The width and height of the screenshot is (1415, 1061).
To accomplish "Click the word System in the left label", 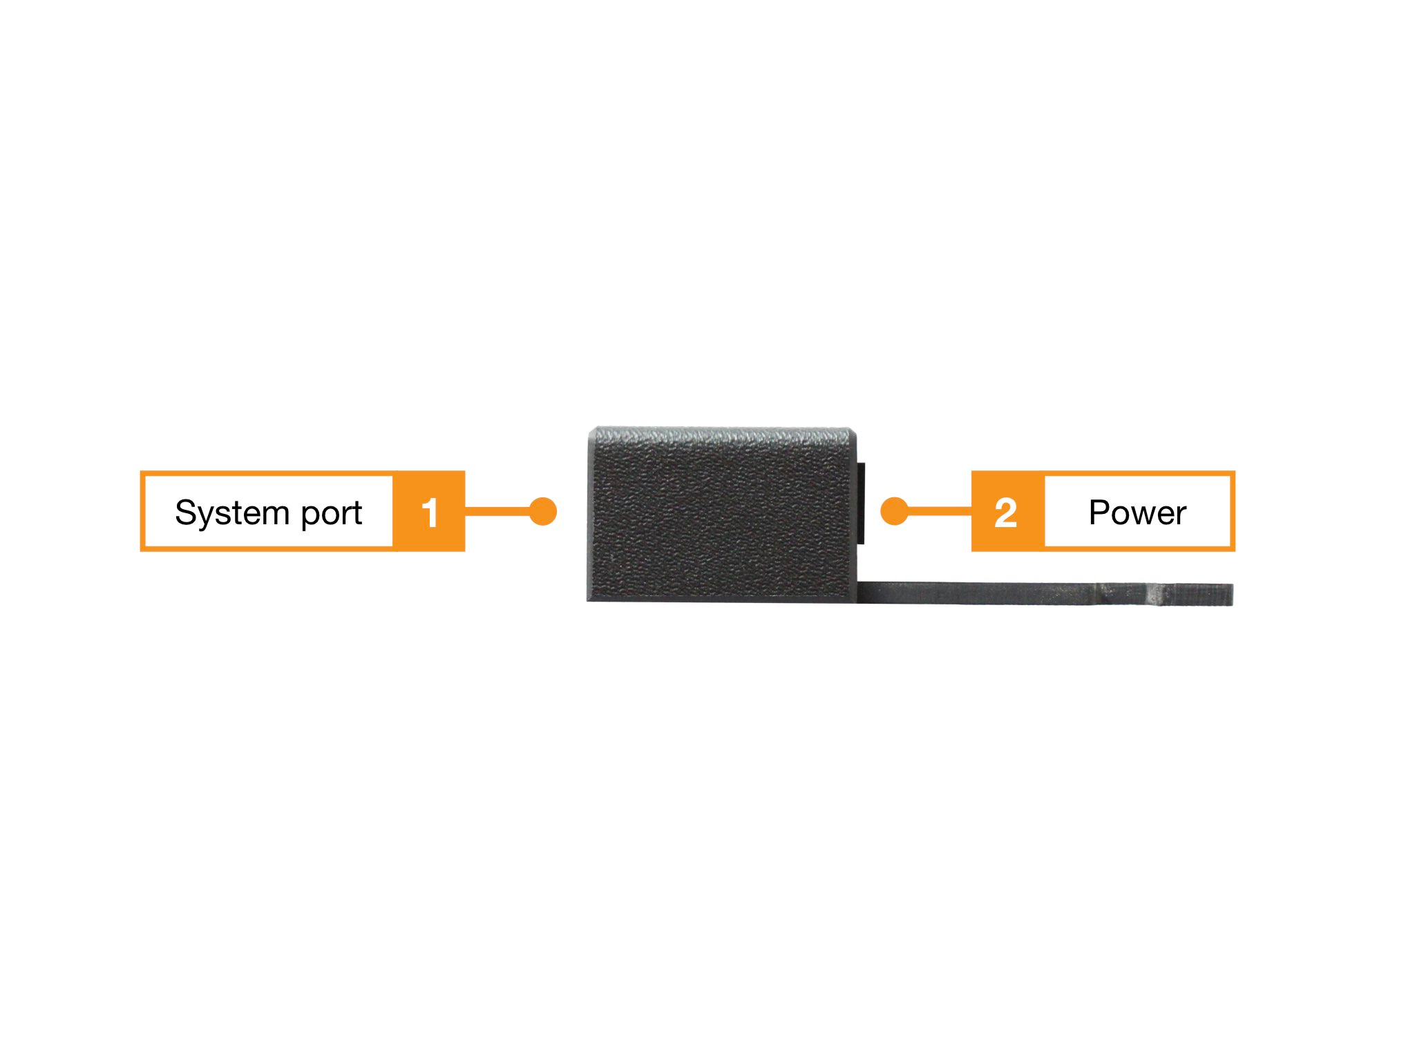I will pos(231,513).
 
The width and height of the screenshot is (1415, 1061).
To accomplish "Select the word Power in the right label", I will pos(1137,513).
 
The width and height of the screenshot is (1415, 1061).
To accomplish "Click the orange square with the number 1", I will pos(429,512).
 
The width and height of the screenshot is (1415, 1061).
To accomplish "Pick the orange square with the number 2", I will pos(1007,512).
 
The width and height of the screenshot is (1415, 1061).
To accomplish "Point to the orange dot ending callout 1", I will pos(543,511).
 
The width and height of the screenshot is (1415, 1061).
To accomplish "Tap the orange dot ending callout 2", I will pos(895,511).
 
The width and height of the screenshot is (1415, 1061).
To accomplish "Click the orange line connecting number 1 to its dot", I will pos(497,511).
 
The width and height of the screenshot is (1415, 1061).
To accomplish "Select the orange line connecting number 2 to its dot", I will pos(940,511).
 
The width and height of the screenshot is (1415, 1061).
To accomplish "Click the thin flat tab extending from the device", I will pos(1002,593).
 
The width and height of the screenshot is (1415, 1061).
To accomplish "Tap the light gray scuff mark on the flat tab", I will pos(1153,593).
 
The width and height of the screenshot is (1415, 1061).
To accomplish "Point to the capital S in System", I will pos(186,513).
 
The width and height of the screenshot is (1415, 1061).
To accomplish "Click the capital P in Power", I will pos(1099,513).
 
